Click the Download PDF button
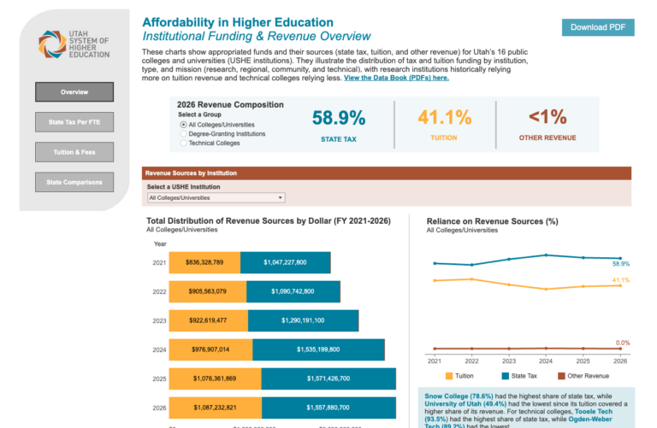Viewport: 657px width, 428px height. click(598, 27)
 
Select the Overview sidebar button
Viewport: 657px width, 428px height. click(74, 91)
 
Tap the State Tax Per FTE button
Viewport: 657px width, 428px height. click(74, 122)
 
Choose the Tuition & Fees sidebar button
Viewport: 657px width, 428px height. click(74, 152)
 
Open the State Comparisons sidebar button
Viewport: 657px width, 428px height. click(74, 182)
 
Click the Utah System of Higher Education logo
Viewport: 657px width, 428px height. click(74, 44)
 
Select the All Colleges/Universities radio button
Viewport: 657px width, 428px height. click(183, 125)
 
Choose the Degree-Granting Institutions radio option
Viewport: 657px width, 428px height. click(183, 134)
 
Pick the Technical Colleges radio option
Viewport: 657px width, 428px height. click(183, 143)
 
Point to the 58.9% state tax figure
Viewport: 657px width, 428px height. click(338, 119)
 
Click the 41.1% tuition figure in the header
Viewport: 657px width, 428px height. click(445, 119)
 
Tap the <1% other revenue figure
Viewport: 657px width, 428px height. click(547, 119)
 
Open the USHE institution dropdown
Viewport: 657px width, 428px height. click(215, 197)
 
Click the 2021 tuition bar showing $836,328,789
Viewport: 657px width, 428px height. click(204, 262)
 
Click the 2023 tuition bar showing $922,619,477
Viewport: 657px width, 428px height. click(208, 320)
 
